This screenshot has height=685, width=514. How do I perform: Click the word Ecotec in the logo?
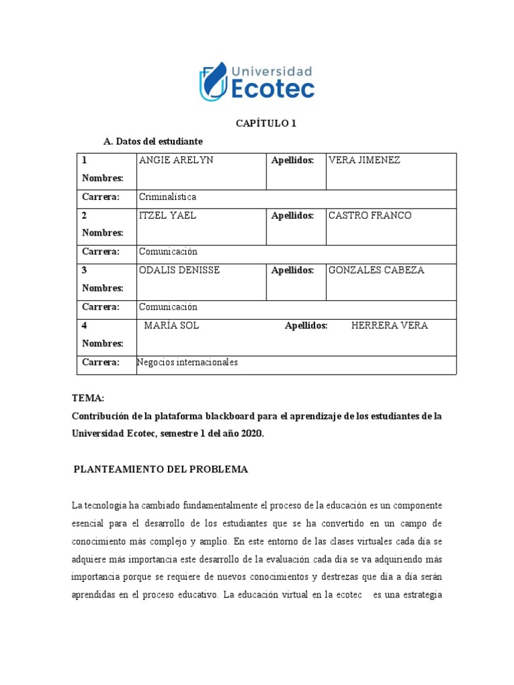pyautogui.click(x=272, y=88)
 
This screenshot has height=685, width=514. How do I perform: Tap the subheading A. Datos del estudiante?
pyautogui.click(x=153, y=142)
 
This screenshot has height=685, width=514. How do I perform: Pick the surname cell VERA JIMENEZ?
pyautogui.click(x=363, y=161)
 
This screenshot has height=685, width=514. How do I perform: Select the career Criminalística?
pyautogui.click(x=167, y=197)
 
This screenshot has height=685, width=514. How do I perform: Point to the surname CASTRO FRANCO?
pyautogui.click(x=370, y=215)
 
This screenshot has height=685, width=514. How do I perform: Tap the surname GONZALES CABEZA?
pyautogui.click(x=376, y=270)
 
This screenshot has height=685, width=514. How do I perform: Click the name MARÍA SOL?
pyautogui.click(x=172, y=326)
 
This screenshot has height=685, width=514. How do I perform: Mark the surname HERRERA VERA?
pyautogui.click(x=390, y=326)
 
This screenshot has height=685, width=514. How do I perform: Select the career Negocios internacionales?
pyautogui.click(x=187, y=363)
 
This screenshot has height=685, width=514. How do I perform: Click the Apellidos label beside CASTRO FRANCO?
pyautogui.click(x=292, y=215)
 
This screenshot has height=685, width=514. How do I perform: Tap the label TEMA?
pyautogui.click(x=88, y=398)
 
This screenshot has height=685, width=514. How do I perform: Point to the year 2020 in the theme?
pyautogui.click(x=252, y=433)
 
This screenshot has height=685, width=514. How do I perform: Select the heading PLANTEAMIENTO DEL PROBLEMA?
pyautogui.click(x=161, y=470)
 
